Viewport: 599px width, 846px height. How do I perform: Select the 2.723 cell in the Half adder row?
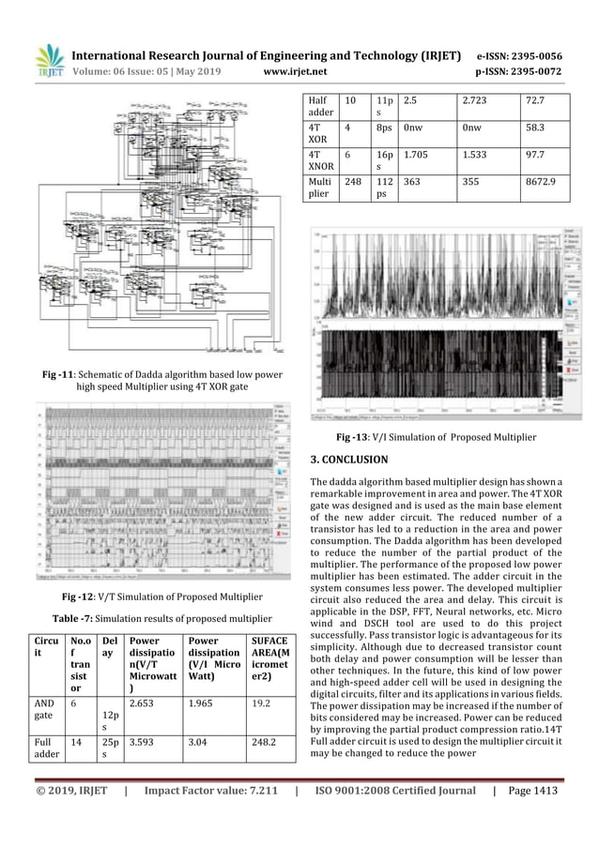coord(476,97)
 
